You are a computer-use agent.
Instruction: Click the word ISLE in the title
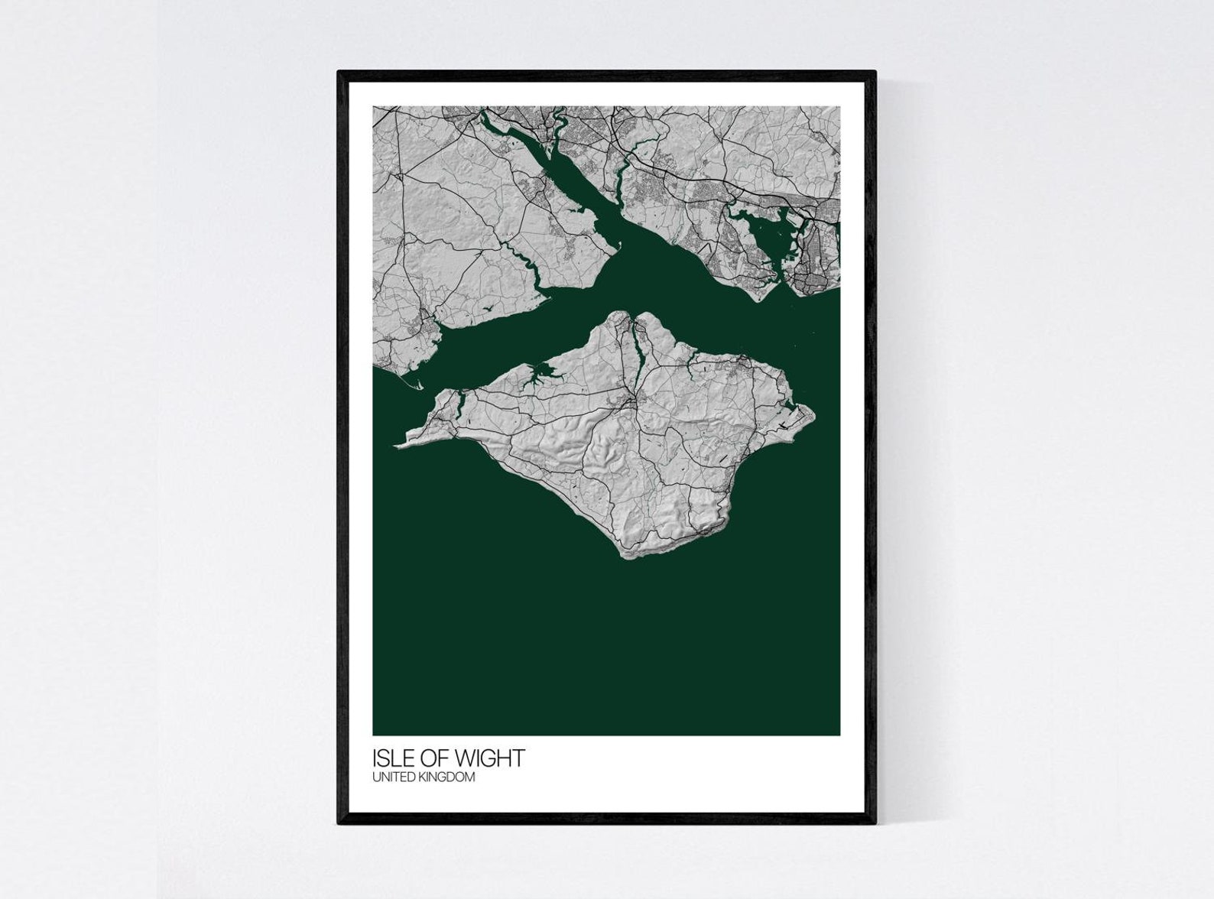pos(391,758)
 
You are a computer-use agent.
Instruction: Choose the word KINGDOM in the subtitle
pos(449,777)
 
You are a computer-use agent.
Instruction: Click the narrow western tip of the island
pos(398,444)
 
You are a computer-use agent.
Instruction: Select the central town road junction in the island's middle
pos(631,399)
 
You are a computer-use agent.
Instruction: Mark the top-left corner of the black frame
pos(338,71)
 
